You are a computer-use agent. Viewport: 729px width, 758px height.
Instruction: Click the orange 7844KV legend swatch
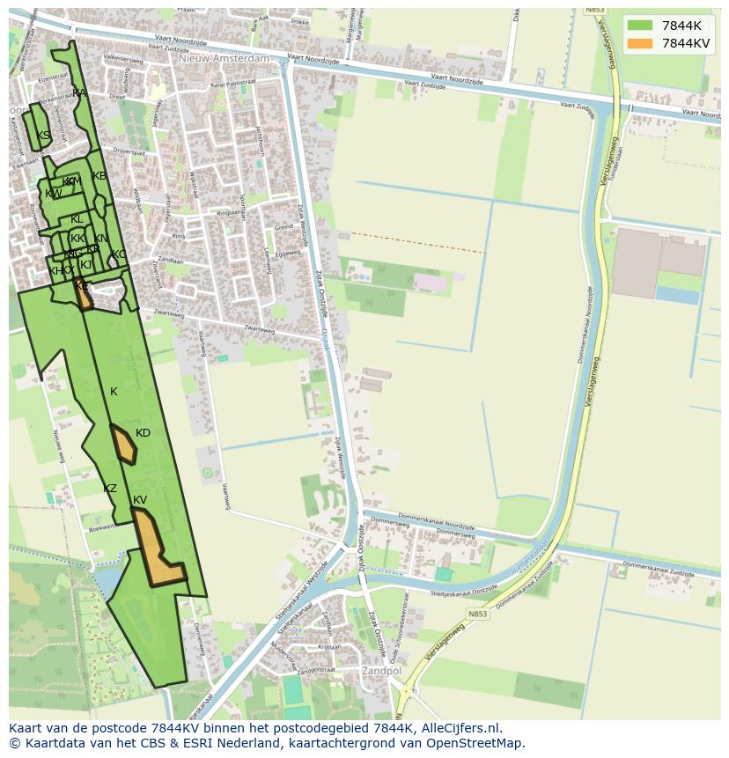[640, 44]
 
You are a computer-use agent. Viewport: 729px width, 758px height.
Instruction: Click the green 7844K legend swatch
[640, 26]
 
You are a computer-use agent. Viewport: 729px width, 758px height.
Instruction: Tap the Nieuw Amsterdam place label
[224, 59]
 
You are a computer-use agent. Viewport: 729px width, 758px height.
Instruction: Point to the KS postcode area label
[44, 136]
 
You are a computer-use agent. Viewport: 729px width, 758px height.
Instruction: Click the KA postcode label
[79, 92]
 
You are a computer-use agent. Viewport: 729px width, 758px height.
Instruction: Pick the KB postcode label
[99, 176]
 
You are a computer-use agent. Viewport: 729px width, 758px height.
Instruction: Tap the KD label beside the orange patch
[143, 433]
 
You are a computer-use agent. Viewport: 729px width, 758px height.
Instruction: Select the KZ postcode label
[110, 489]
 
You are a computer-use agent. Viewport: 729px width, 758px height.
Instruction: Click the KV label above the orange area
[140, 500]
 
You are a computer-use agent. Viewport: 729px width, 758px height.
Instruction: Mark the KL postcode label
[77, 219]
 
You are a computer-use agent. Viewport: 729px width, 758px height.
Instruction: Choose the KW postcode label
[53, 194]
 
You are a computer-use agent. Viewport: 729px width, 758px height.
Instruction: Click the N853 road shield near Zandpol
[477, 614]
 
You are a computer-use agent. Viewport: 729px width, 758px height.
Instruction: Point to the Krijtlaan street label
[328, 646]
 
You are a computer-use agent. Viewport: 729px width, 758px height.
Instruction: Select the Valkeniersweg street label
[123, 58]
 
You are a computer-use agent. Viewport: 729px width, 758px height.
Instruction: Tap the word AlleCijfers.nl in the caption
[458, 728]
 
